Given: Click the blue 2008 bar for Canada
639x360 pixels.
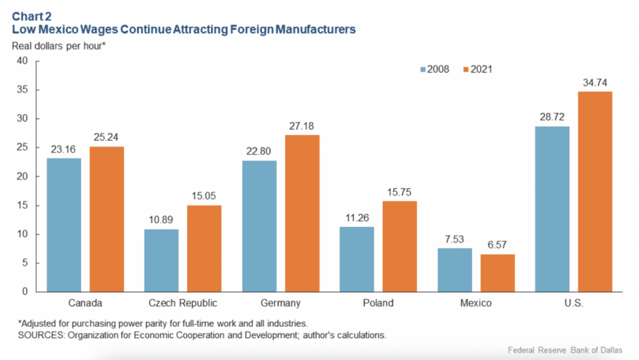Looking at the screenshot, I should (x=64, y=225).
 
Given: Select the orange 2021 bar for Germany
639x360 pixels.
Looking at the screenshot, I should (x=302, y=213).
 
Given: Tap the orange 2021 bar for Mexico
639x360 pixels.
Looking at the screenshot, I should (x=498, y=273).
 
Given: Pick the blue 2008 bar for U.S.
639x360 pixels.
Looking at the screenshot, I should (x=552, y=209).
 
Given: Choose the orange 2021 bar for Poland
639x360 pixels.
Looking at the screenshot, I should (x=400, y=247).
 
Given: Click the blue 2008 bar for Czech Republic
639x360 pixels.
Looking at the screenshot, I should (x=161, y=260).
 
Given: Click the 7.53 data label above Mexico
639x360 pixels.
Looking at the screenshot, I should (x=454, y=239).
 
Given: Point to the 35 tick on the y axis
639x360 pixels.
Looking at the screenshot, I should (x=22, y=90).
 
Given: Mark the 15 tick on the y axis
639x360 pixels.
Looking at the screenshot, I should (x=22, y=205).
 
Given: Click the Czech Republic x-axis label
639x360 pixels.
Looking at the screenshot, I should (x=183, y=303).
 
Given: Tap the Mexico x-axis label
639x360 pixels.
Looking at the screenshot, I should (x=476, y=303).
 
